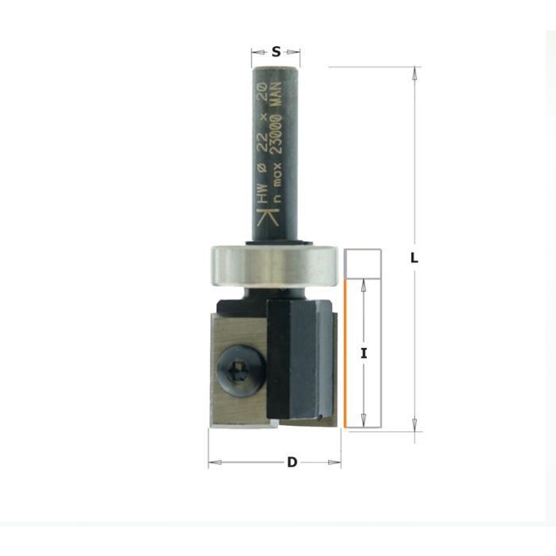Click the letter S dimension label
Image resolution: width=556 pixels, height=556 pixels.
pyautogui.click(x=276, y=52)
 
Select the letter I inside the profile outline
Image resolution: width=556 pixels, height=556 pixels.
pyautogui.click(x=363, y=353)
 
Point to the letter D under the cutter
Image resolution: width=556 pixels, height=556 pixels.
pyautogui.click(x=292, y=462)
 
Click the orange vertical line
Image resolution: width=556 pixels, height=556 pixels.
pyautogui.click(x=346, y=353)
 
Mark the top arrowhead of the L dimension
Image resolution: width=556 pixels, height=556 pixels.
pyautogui.click(x=414, y=72)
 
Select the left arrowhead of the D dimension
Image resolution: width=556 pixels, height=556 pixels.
pyautogui.click(x=213, y=462)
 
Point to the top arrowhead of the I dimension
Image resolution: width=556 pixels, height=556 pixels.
pyautogui.click(x=363, y=284)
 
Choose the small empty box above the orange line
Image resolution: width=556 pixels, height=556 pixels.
pyautogui.click(x=364, y=263)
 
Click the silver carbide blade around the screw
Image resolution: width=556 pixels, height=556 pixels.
pyautogui.click(x=226, y=397)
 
